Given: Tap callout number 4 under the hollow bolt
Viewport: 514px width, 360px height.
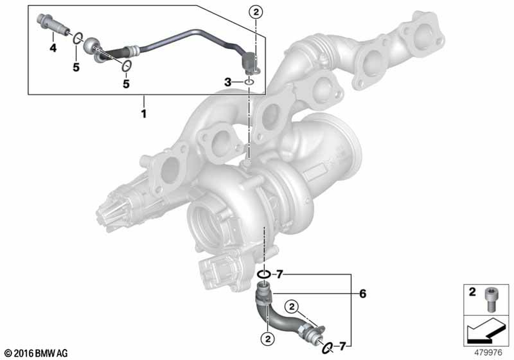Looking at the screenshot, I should coord(52,48).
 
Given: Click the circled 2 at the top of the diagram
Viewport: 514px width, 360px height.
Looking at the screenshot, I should coord(255,11).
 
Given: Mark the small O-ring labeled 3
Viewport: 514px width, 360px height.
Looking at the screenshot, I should coord(249,82).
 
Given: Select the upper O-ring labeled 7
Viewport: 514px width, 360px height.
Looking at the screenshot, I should coord(263,274).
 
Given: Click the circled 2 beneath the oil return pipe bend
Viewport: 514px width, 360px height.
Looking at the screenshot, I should coord(268,338).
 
